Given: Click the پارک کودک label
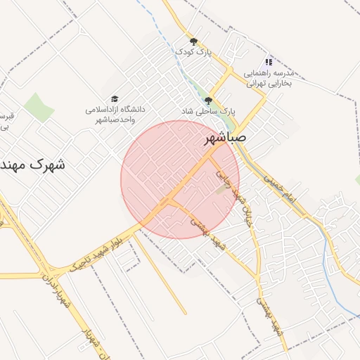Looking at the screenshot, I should click(x=193, y=52).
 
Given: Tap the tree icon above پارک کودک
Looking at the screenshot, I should click(x=194, y=41).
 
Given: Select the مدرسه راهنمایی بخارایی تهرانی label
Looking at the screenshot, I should click(x=272, y=77).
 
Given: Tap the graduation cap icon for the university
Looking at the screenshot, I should click(x=115, y=99).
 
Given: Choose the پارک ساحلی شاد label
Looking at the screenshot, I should click(x=208, y=111).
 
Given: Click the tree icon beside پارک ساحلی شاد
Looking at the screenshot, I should click(x=208, y=100).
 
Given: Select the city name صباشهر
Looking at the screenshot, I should click(x=225, y=137).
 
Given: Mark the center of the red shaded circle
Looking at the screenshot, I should click(x=180, y=179).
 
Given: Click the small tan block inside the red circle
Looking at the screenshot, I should click(x=221, y=189).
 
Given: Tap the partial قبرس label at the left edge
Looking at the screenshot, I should click(x=6, y=121).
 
